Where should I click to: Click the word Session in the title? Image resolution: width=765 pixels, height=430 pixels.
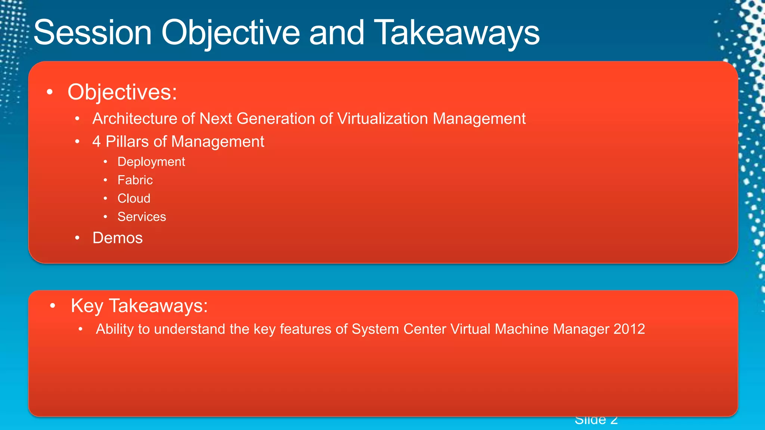coord(93,33)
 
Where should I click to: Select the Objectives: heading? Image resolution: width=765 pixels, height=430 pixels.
coord(122,92)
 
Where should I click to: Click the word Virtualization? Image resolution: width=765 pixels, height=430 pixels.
coord(382,119)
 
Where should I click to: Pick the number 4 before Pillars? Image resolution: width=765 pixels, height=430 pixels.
coord(96,142)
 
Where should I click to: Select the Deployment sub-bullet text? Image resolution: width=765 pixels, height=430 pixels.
coord(151,162)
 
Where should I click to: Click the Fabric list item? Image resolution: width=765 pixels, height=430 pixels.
coord(135,180)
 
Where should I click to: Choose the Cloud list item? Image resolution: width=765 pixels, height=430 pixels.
coord(134,198)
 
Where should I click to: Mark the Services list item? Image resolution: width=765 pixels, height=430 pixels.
coord(142,216)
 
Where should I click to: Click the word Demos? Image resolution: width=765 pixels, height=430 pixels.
coord(117,238)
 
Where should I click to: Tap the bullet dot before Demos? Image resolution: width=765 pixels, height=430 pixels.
coord(77,238)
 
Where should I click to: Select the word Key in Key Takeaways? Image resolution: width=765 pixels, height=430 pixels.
coord(87,306)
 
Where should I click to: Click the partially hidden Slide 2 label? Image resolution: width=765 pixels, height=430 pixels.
coord(596,421)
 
